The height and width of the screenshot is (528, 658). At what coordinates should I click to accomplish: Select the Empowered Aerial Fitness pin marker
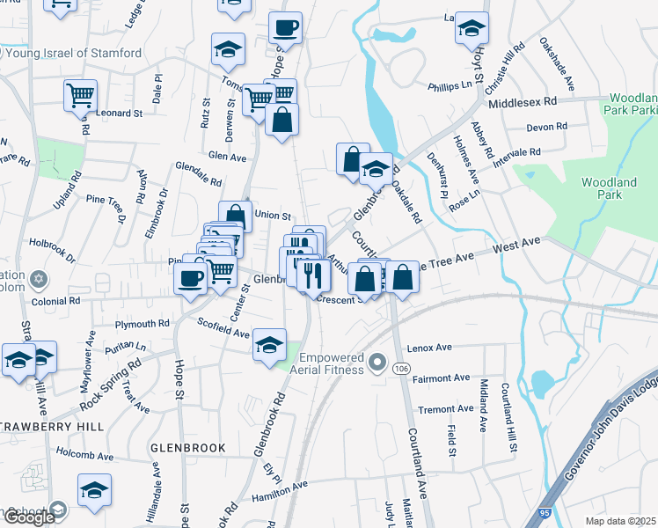point(379,362)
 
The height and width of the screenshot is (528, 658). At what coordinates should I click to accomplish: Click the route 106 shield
point(402,367)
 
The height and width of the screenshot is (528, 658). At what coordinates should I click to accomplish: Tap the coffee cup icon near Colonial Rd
point(192,280)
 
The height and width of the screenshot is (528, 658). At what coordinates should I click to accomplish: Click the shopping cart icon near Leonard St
point(81,94)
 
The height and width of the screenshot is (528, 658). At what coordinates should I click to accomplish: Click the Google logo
point(29,517)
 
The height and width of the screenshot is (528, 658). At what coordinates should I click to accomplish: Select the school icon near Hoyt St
point(472,28)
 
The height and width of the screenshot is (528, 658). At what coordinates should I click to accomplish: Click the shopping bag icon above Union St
point(236,216)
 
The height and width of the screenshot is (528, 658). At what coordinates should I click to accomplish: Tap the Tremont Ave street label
point(445,409)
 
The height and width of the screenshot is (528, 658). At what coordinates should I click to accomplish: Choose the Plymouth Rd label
point(142,324)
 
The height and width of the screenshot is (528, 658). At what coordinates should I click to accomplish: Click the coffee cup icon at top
point(285,27)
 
